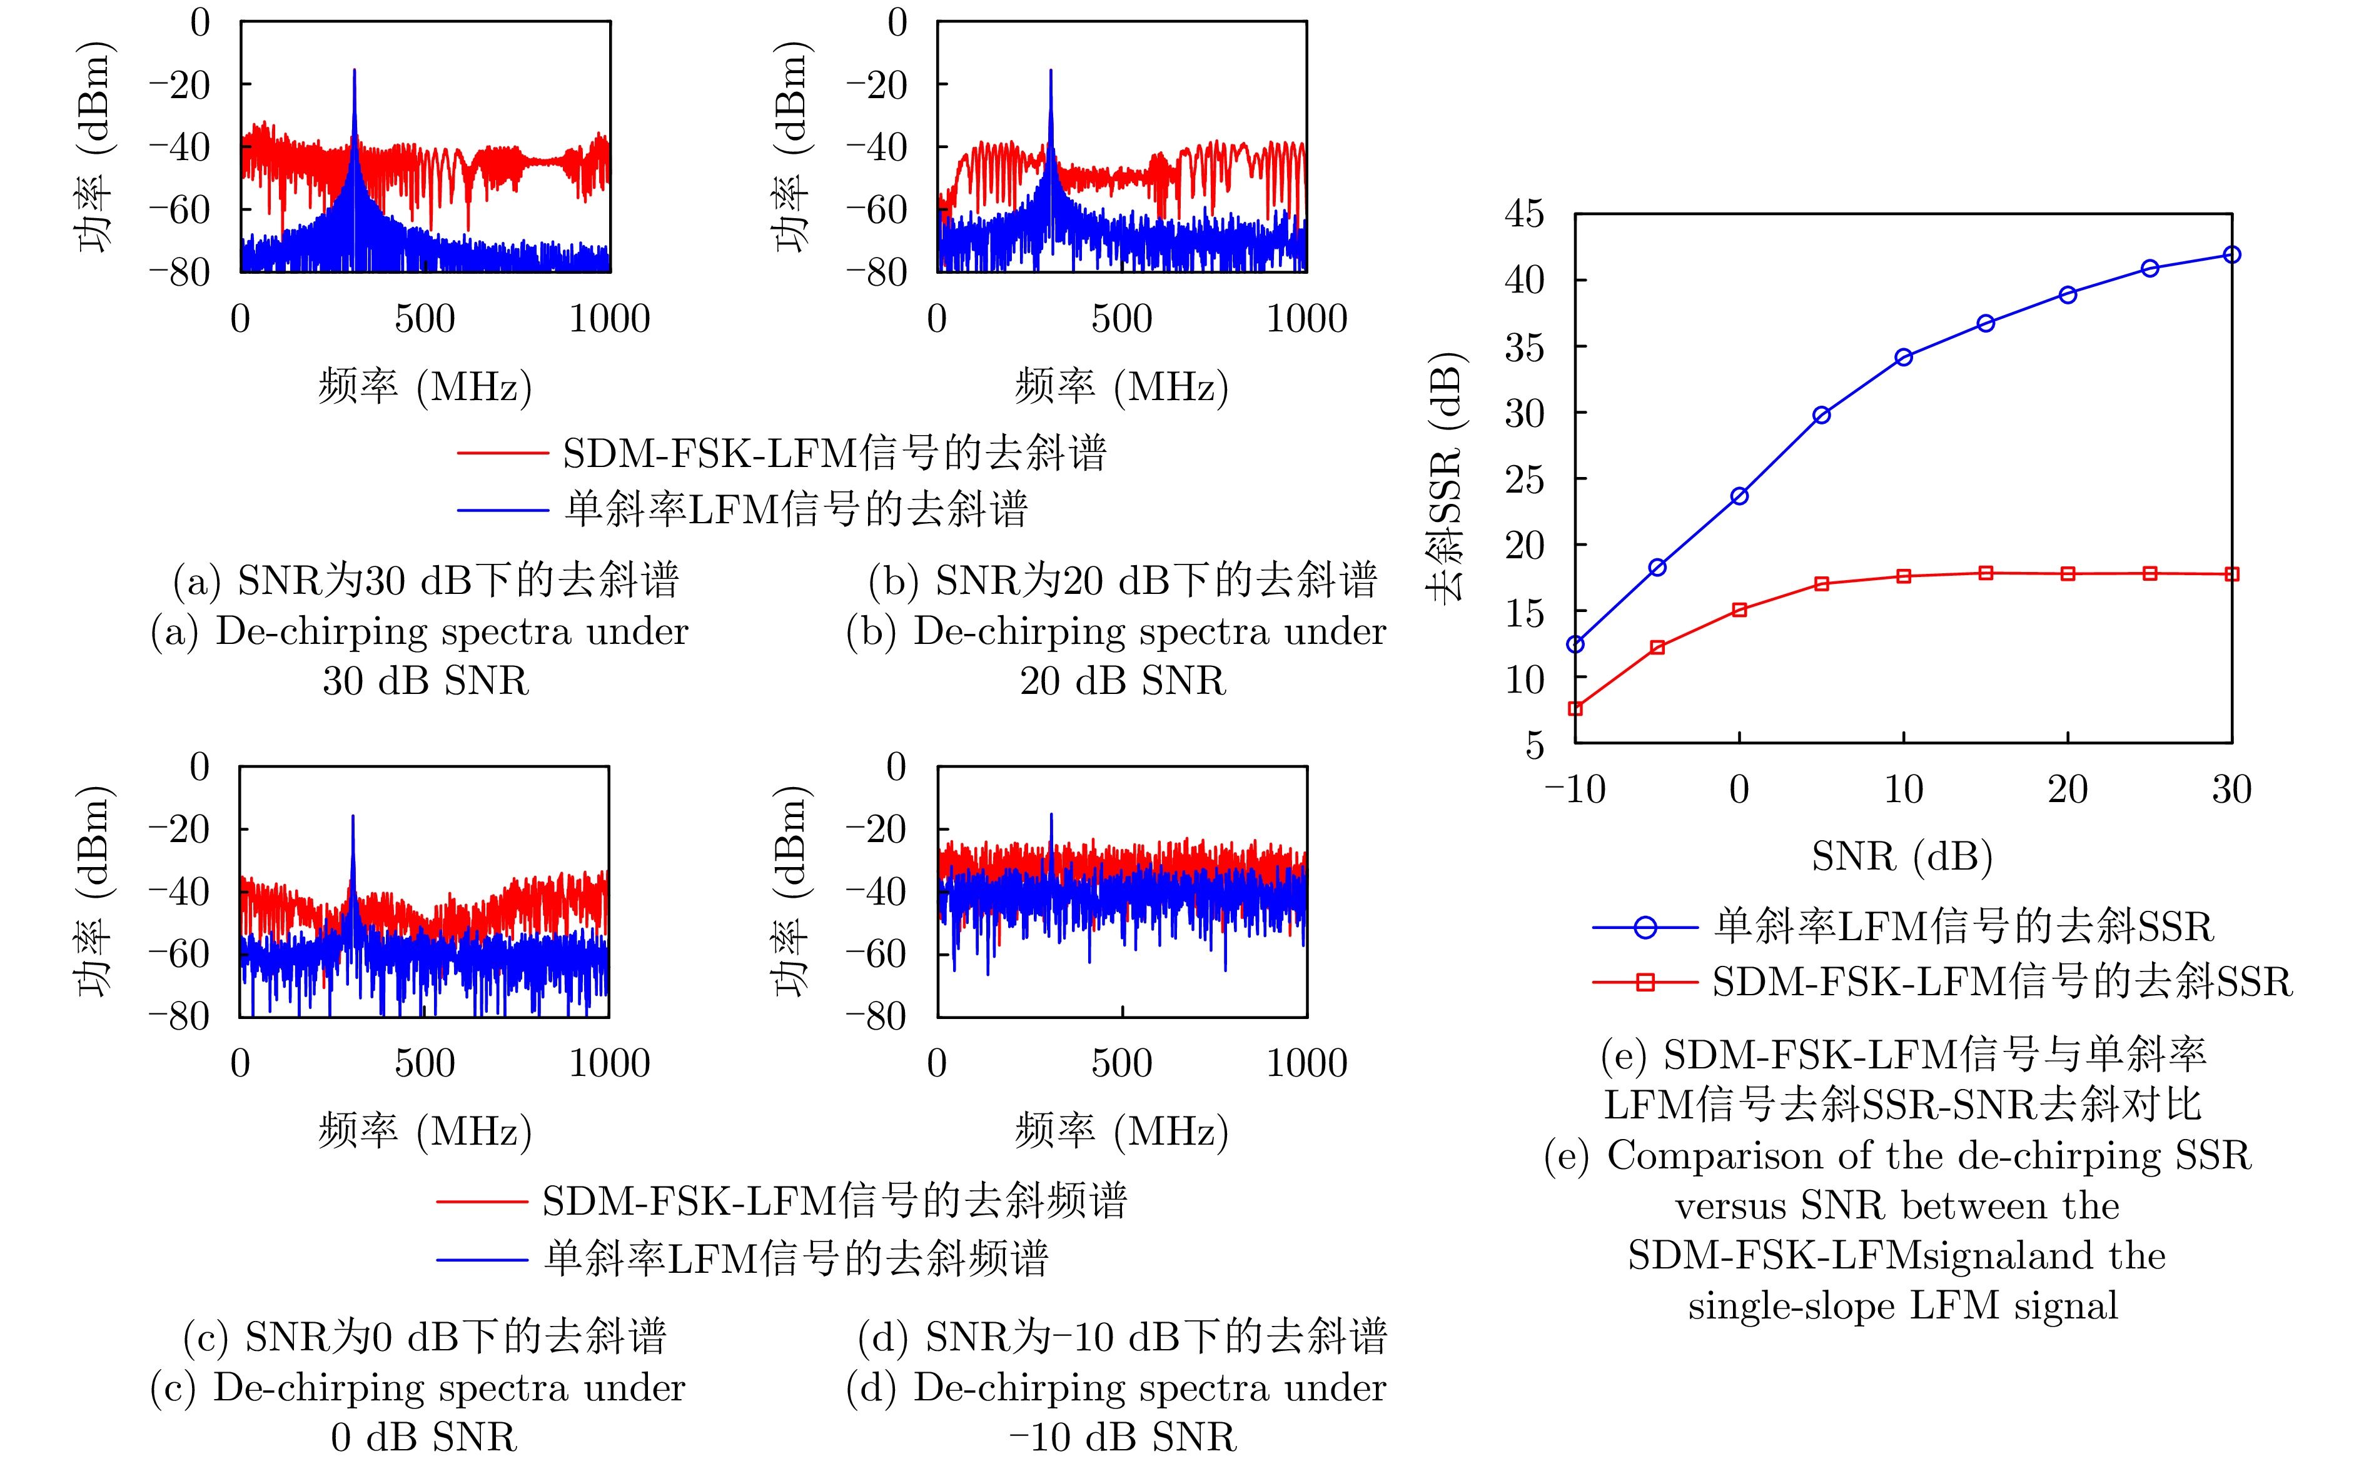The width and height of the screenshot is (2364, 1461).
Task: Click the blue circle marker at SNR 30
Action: click(2231, 255)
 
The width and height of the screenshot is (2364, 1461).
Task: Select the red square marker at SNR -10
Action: click(1575, 708)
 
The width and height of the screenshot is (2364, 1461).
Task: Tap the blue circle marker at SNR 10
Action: click(1904, 358)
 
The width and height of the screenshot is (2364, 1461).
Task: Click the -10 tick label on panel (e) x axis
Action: click(1575, 790)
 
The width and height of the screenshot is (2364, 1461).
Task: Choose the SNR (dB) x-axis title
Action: click(1902, 856)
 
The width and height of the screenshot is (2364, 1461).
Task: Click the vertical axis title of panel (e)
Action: click(1446, 478)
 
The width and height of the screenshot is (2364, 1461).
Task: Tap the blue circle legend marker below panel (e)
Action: click(1645, 928)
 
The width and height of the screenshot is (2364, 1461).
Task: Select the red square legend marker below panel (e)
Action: click(1645, 983)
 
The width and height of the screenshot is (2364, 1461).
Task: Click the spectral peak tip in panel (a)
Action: click(355, 69)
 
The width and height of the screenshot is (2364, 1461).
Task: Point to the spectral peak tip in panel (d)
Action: click(1051, 813)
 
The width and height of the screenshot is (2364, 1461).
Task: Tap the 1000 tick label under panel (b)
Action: click(1306, 319)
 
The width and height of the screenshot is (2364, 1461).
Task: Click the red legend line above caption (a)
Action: click(503, 452)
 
